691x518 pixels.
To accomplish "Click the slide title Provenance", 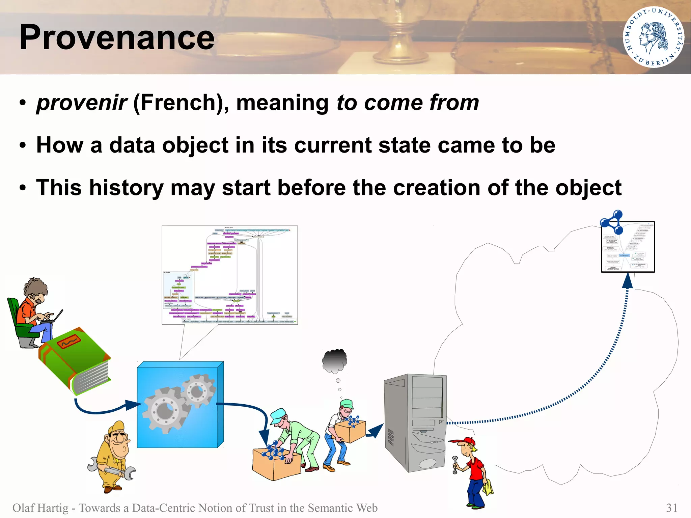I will pyautogui.click(x=117, y=37).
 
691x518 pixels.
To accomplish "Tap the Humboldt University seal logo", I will pyautogui.click(x=653, y=37).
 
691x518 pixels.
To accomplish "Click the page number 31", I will pyautogui.click(x=671, y=508).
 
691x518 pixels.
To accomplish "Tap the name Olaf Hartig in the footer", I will pyautogui.click(x=40, y=508).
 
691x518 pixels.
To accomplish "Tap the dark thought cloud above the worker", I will pyautogui.click(x=335, y=360).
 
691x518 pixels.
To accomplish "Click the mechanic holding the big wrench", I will pyautogui.click(x=113, y=456).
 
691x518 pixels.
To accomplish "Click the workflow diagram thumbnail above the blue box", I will pyautogui.click(x=229, y=275).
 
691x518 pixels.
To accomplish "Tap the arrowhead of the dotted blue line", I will pyautogui.click(x=627, y=281).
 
